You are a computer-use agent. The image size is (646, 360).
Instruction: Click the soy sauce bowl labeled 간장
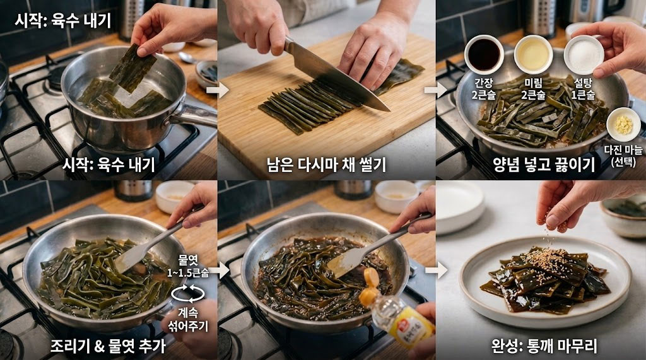tap(484, 54)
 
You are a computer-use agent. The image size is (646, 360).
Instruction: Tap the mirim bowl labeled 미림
tap(533, 54)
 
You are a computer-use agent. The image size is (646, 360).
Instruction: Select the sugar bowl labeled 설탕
tap(583, 54)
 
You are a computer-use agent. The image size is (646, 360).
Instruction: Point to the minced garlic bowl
tap(623, 124)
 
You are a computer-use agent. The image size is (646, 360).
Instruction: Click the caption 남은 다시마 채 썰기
tap(326, 165)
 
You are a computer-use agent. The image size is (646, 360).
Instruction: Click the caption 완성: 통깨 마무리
tap(544, 345)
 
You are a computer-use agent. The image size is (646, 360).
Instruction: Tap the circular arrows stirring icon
tap(187, 293)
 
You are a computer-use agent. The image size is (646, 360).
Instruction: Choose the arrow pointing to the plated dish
tap(435, 272)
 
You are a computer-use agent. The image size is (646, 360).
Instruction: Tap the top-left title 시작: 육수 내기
tap(62, 21)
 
